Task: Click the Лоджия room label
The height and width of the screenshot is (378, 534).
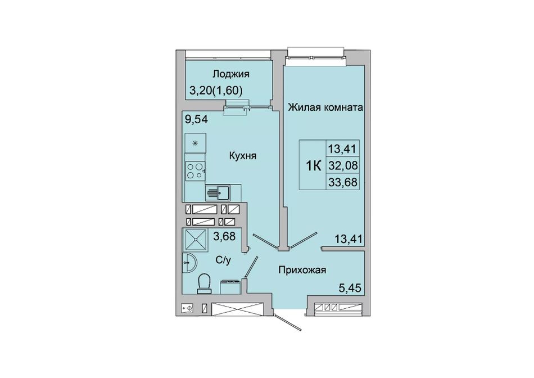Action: click(231, 74)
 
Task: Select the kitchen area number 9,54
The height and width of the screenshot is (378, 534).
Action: click(196, 119)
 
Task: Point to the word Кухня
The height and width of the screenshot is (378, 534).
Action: click(242, 156)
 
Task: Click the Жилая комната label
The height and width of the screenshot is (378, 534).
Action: click(325, 107)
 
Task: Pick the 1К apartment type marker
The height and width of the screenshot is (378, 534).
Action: click(313, 166)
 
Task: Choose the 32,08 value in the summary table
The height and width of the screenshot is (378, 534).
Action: click(343, 165)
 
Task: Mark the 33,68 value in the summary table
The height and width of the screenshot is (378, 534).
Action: click(343, 182)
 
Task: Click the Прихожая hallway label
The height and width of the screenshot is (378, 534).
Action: click(302, 271)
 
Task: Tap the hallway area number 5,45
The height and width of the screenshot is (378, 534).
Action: click(350, 289)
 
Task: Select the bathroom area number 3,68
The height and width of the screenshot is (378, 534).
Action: click(224, 236)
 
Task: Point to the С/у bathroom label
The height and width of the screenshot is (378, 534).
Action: click(223, 260)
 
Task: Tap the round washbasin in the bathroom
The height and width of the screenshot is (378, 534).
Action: click(189, 263)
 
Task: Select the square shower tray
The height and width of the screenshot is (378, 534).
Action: click(195, 240)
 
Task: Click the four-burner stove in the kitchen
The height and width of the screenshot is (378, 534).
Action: click(195, 171)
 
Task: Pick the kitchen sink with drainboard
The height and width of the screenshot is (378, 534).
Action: click(218, 193)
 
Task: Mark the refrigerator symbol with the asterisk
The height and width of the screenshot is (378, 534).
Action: click(195, 143)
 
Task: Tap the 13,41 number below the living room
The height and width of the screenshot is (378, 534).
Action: click(350, 239)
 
